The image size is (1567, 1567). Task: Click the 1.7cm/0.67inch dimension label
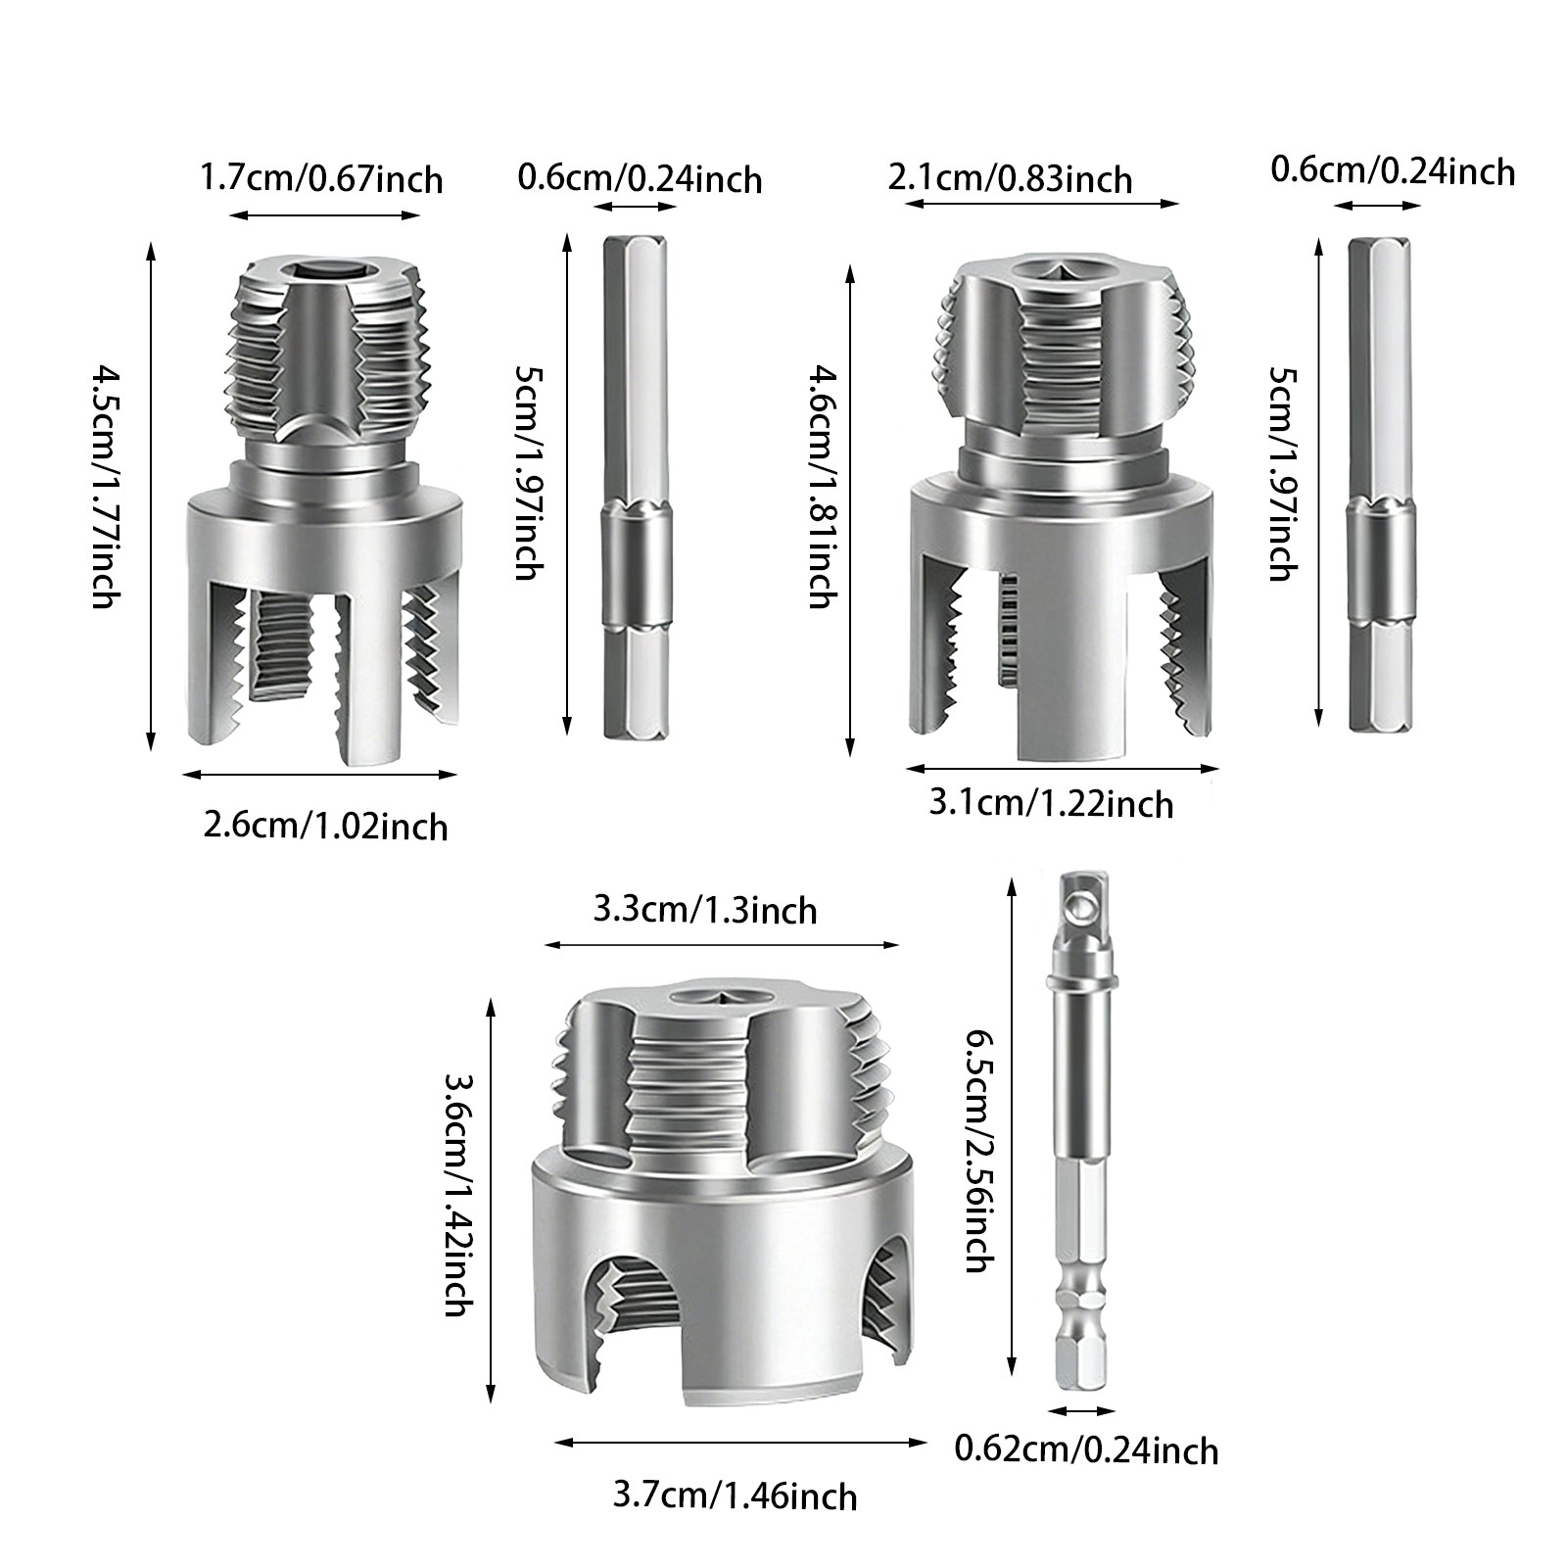(x=321, y=180)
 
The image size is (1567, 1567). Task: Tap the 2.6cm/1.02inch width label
(x=325, y=826)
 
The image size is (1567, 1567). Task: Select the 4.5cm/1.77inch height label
(x=106, y=487)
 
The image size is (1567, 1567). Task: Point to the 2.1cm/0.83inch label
(x=1010, y=179)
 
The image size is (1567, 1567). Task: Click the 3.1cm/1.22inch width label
(x=1051, y=804)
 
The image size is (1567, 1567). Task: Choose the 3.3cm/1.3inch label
(x=705, y=910)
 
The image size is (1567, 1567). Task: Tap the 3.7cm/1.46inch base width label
(x=735, y=1496)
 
